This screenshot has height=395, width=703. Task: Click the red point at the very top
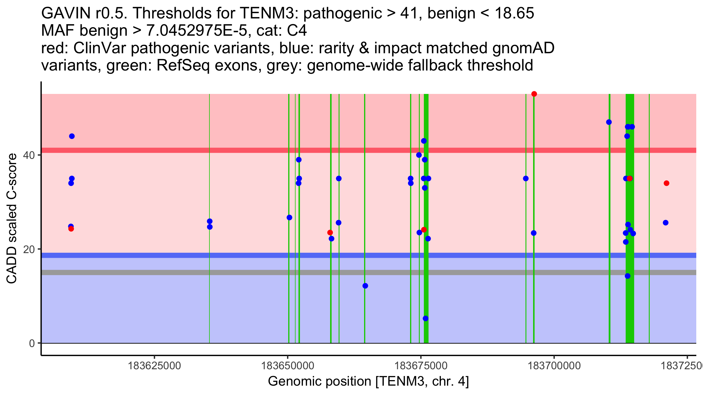[534, 94]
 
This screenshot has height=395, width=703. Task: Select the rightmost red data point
[666, 183]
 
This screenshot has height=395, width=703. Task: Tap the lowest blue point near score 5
[426, 318]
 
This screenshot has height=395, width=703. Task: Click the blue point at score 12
[365, 286]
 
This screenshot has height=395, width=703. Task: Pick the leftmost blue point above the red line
[72, 136]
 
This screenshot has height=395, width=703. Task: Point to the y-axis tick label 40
[29, 155]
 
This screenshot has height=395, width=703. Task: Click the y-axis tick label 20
[29, 249]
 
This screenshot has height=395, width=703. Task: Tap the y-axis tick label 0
[32, 343]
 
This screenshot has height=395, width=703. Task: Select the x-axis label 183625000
[154, 366]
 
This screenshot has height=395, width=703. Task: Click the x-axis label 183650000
[288, 366]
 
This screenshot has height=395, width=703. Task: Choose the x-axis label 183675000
[421, 366]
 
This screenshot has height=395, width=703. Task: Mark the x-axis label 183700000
[554, 366]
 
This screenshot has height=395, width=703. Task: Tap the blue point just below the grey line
[627, 276]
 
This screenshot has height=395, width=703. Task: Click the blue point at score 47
[609, 122]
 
